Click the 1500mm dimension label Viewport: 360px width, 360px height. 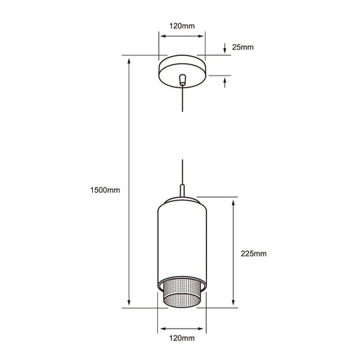[x=105, y=190]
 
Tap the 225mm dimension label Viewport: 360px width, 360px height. [x=254, y=254]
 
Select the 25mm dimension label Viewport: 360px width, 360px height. [x=243, y=47]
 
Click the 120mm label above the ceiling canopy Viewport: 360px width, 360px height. [x=182, y=26]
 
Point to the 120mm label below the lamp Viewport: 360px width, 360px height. [x=182, y=338]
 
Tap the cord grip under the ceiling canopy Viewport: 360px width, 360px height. [x=182, y=80]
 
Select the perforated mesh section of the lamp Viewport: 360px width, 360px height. [x=182, y=292]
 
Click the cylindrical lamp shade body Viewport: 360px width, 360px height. [x=182, y=243]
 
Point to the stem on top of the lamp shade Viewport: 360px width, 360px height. [x=182, y=191]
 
